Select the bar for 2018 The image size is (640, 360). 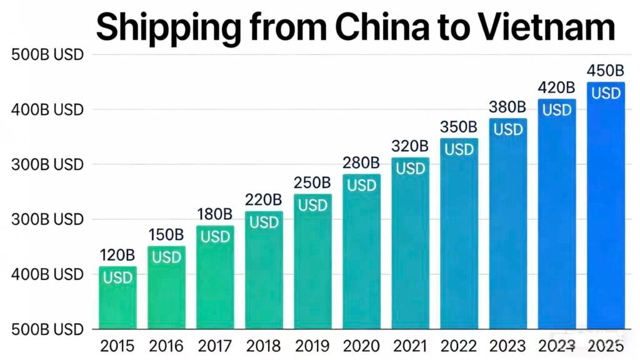pyautogui.click(x=264, y=275)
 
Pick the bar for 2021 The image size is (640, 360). pyautogui.click(x=410, y=250)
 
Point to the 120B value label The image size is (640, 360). pyautogui.click(x=117, y=255)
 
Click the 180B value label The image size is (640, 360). pyautogui.click(x=215, y=214)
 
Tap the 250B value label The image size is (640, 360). pyautogui.click(x=312, y=183)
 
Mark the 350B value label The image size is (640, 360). pyautogui.click(x=459, y=127)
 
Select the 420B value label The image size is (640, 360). pyautogui.click(x=556, y=87)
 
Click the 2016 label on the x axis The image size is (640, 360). pyautogui.click(x=166, y=346)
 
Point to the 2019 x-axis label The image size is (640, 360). pyautogui.click(x=312, y=346)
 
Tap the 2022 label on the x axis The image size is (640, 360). pyautogui.click(x=459, y=346)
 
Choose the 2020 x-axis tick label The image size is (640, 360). pyautogui.click(x=361, y=346)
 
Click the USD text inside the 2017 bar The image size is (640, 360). pyautogui.click(x=215, y=237)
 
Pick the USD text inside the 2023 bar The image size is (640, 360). pyautogui.click(x=508, y=129)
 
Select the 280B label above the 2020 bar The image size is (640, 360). pyautogui.click(x=361, y=163)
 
